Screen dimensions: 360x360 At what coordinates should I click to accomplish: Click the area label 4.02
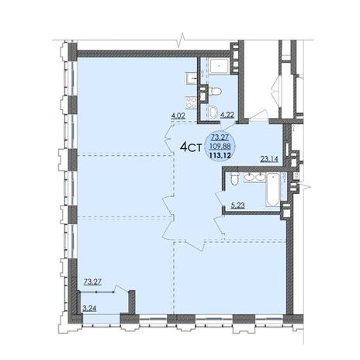(178, 116)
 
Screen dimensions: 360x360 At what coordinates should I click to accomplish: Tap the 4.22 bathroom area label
(227, 116)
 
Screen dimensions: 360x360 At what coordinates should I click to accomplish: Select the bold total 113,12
(220, 155)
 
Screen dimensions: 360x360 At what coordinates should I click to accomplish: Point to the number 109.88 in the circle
(220, 146)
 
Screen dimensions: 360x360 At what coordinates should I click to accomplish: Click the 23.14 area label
(269, 159)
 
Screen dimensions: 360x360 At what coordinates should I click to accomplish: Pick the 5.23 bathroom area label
(237, 206)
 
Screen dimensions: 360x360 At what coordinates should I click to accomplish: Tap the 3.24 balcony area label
(89, 308)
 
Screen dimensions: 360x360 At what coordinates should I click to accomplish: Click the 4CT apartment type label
(191, 147)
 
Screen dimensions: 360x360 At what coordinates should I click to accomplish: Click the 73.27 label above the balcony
(92, 282)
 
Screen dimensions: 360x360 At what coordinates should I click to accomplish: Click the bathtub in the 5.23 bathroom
(272, 190)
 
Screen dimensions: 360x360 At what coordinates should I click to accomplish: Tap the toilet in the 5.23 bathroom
(234, 179)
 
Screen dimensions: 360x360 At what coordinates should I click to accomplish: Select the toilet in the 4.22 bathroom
(216, 92)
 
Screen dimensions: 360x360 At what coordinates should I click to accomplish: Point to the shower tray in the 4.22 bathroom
(219, 67)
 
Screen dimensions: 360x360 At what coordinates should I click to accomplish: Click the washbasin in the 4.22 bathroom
(213, 112)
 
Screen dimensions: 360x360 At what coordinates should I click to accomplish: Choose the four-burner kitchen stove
(191, 102)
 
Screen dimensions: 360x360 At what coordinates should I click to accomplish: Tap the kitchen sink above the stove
(192, 78)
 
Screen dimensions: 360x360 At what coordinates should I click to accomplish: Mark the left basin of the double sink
(249, 177)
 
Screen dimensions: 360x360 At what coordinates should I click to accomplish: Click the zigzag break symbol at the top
(182, 40)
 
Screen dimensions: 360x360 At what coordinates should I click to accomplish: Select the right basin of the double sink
(260, 177)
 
